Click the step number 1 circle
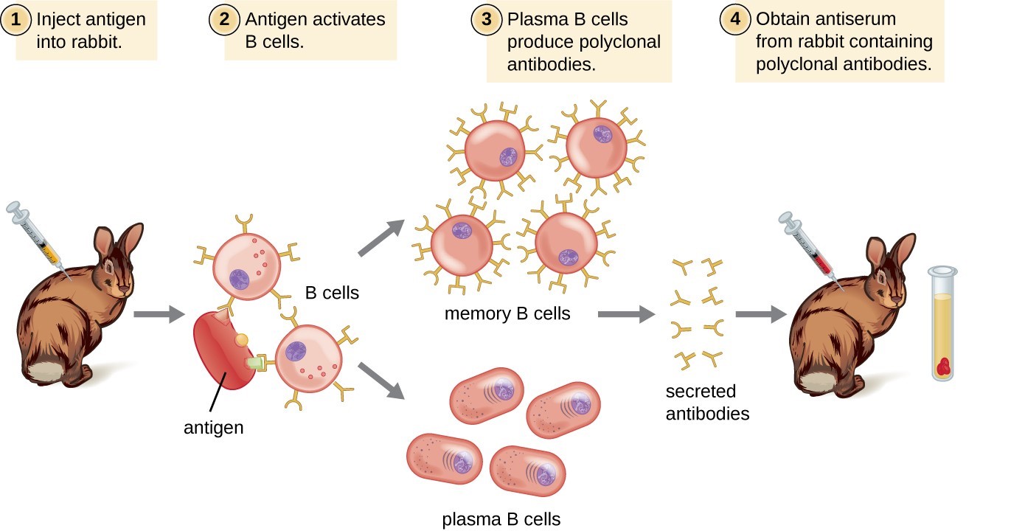click(x=16, y=19)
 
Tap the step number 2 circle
click(x=223, y=19)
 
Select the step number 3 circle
click(x=486, y=19)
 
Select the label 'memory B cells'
click(x=507, y=313)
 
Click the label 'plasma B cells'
click(x=501, y=519)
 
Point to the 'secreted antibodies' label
click(x=707, y=402)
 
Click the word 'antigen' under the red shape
click(x=213, y=427)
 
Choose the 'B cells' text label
click(x=332, y=293)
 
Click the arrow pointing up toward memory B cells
click(x=381, y=237)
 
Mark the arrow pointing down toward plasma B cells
click(x=381, y=380)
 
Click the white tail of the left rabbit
click(x=52, y=369)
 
